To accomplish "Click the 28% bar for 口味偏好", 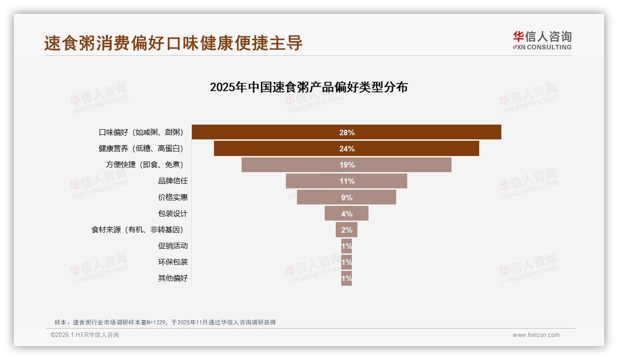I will point(346,132).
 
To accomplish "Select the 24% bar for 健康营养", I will point(346,149).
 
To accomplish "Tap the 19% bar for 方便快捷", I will point(346,165).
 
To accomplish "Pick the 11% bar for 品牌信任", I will point(346,181).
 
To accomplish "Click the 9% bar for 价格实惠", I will point(346,198).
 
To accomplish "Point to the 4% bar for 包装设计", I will point(346,214).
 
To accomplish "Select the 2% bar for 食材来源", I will point(346,230).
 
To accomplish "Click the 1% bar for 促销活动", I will point(346,246).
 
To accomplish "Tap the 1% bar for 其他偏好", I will point(346,278).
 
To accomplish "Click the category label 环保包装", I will point(173,262).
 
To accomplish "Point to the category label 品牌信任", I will point(173,181).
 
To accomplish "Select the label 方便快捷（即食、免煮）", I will point(147,165).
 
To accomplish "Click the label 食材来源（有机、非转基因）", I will point(140,230).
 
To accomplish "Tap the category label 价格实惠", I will point(173,198).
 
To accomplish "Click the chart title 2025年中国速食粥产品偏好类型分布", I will point(309,87).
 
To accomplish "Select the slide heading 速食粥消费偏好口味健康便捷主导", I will point(173,43).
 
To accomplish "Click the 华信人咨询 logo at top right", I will point(542,40).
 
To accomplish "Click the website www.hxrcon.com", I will point(536,335).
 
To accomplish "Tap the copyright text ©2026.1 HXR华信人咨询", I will point(84,335).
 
